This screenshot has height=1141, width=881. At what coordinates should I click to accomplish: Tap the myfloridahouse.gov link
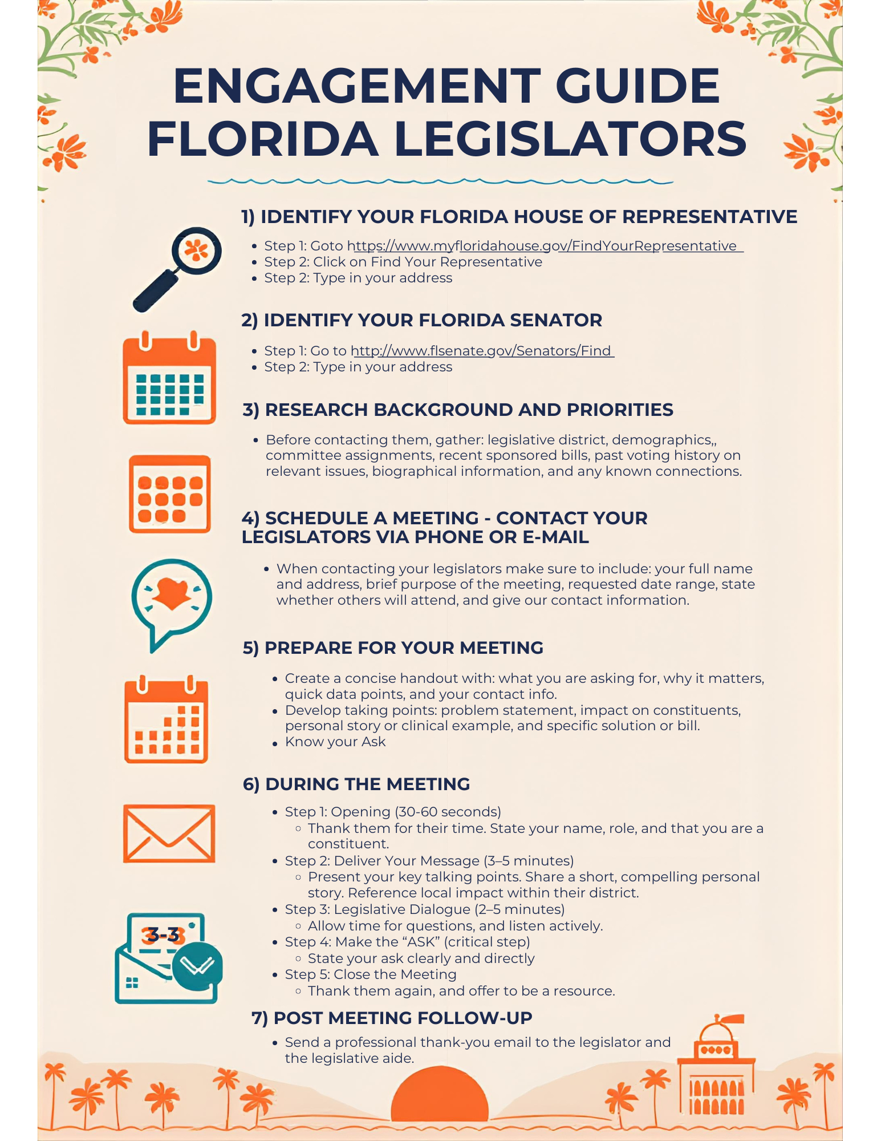pyautogui.click(x=545, y=246)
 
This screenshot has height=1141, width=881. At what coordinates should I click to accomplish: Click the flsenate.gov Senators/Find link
pyautogui.click(x=482, y=350)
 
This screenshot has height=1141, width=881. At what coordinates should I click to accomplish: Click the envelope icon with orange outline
pyautogui.click(x=169, y=834)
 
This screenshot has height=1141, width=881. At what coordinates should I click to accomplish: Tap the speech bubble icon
pyautogui.click(x=171, y=602)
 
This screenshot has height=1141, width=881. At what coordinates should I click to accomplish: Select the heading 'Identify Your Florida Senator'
pyautogui.click(x=421, y=320)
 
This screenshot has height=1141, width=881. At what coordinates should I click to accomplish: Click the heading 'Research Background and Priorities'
pyautogui.click(x=457, y=410)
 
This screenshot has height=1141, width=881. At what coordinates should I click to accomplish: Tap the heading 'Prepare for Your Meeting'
pyautogui.click(x=393, y=648)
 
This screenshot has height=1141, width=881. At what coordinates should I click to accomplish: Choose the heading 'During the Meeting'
pyautogui.click(x=356, y=784)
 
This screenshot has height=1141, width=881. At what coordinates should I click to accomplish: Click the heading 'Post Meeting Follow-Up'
pyautogui.click(x=392, y=1018)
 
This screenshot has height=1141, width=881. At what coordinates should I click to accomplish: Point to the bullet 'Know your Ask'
pyautogui.click(x=335, y=742)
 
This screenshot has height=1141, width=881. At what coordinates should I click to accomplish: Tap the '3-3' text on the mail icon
pyautogui.click(x=163, y=934)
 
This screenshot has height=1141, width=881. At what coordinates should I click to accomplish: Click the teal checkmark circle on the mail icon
pyautogui.click(x=197, y=966)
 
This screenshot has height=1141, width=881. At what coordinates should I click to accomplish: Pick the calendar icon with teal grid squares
pyautogui.click(x=169, y=378)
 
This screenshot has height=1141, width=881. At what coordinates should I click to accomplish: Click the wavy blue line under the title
pyautogui.click(x=440, y=181)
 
